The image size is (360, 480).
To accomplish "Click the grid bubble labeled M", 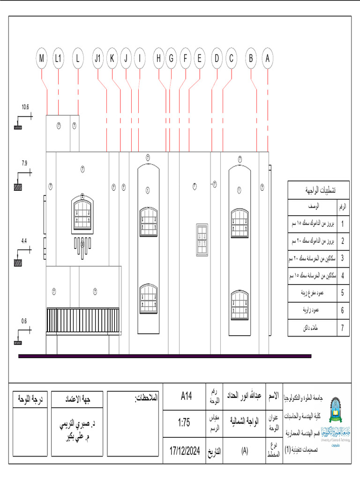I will (42, 59).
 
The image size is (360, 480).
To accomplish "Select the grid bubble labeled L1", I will (58, 59).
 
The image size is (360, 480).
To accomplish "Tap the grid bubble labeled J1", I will (97, 59).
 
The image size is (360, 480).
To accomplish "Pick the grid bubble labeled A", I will (268, 59).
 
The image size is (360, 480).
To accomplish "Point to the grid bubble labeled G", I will (171, 59).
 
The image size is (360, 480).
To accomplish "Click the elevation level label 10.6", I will (25, 107).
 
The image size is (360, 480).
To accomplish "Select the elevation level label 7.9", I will (24, 163).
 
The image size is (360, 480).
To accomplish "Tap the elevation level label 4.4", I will (24, 241).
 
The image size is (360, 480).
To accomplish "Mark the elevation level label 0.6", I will (24, 321).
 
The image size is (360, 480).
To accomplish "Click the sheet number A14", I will (187, 397).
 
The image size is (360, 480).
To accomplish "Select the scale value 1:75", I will (184, 422).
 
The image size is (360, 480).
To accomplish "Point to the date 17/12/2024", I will (185, 451).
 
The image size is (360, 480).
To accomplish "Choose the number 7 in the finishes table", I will (343, 328).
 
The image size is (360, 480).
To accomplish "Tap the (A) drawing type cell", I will (244, 451).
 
